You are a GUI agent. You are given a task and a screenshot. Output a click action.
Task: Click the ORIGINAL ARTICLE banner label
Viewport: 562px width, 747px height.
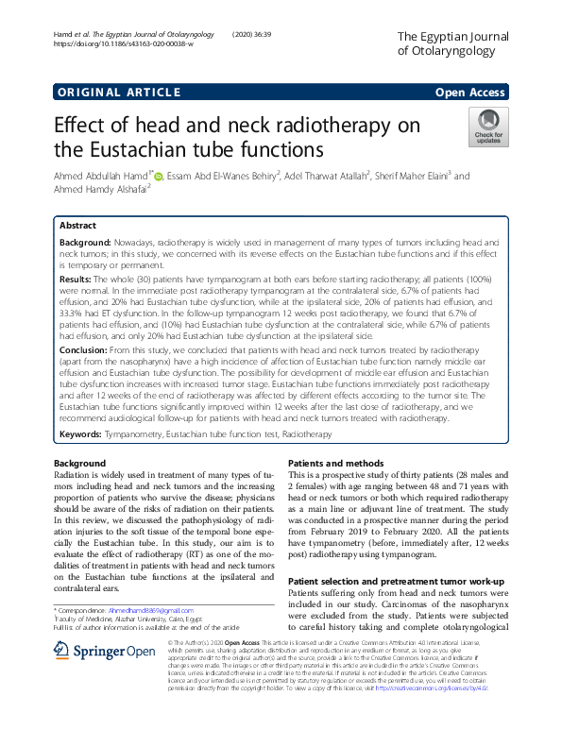click(x=118, y=92)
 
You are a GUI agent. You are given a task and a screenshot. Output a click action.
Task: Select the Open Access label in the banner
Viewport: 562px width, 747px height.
click(x=470, y=92)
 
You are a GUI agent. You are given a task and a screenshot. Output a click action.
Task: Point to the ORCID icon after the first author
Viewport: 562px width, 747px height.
click(x=159, y=176)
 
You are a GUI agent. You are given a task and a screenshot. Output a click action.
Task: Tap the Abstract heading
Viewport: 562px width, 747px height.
click(x=77, y=227)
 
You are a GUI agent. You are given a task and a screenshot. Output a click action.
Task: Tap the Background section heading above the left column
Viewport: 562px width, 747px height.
click(x=79, y=464)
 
